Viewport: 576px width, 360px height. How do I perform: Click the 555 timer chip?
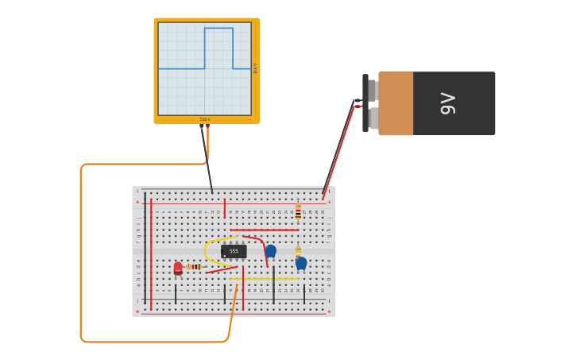[234, 251]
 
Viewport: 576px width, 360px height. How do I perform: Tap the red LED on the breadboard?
[178, 269]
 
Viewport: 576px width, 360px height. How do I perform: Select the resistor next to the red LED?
[194, 267]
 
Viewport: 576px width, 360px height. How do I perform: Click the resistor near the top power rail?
[298, 211]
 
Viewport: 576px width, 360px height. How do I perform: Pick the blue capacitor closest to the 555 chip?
[270, 251]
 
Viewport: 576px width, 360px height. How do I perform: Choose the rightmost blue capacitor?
[301, 263]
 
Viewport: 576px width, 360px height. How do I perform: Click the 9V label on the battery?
[448, 103]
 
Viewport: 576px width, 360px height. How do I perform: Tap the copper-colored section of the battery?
[396, 103]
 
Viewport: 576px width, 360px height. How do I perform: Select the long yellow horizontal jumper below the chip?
[265, 279]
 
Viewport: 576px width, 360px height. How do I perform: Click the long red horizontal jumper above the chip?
[265, 230]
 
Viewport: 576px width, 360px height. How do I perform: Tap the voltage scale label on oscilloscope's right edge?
[255, 68]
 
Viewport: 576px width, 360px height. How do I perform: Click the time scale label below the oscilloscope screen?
[205, 119]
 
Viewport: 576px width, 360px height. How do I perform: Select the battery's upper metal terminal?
[371, 90]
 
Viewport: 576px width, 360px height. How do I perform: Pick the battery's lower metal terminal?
[373, 118]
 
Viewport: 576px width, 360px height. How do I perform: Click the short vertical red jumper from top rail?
[225, 209]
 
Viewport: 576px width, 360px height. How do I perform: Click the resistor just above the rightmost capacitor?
[298, 251]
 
